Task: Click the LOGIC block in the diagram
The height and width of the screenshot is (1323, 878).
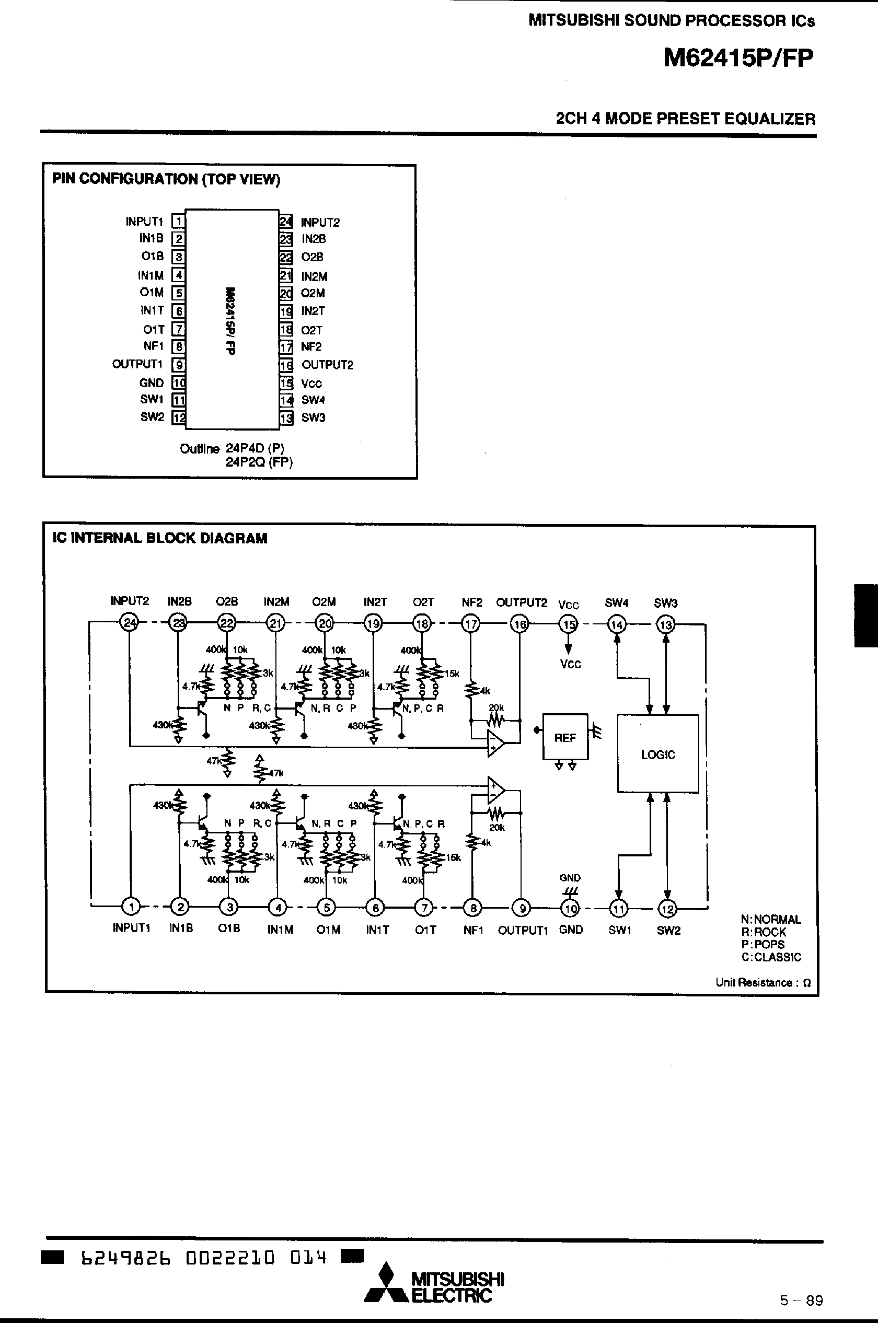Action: click(x=658, y=753)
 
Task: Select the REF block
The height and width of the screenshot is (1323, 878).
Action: click(x=565, y=737)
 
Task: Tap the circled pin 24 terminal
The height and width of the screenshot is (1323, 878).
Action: click(x=130, y=623)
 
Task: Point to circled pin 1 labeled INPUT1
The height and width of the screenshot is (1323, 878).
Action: click(x=131, y=906)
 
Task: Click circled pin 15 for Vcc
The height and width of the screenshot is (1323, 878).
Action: click(x=569, y=624)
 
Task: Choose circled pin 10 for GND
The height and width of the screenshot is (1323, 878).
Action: click(x=570, y=908)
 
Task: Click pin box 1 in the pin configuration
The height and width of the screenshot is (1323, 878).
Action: click(x=178, y=221)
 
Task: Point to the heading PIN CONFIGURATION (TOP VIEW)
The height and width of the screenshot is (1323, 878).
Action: click(x=166, y=179)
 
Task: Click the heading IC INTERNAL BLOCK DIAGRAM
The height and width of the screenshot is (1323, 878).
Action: click(x=159, y=538)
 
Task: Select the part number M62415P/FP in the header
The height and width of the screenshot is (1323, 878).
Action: click(x=738, y=57)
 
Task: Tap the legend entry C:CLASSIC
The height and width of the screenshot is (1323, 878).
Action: click(x=771, y=957)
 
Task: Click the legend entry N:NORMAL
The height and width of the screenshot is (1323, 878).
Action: click(x=770, y=919)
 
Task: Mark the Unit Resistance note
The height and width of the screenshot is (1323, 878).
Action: click(x=763, y=983)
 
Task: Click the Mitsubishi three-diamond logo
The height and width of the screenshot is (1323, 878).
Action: click(x=385, y=1283)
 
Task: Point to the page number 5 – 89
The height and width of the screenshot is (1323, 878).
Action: click(x=801, y=1301)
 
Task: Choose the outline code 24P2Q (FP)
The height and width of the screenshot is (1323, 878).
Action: click(x=259, y=462)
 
